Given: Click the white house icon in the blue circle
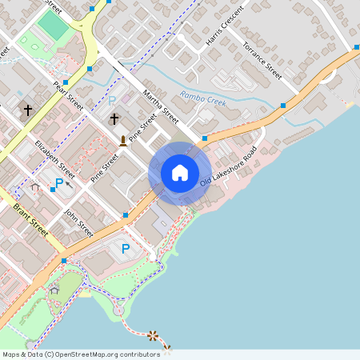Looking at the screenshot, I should pyautogui.click(x=179, y=173).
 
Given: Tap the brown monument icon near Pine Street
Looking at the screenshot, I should pyautogui.click(x=123, y=141).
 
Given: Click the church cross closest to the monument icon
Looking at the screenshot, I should pyautogui.click(x=114, y=119).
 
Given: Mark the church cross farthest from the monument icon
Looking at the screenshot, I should pyautogui.click(x=28, y=110).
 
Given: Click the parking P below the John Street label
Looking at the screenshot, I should pyautogui.click(x=125, y=249).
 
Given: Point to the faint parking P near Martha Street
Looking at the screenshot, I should pyautogui.click(x=112, y=101).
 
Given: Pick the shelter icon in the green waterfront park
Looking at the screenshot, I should pyautogui.click(x=54, y=289).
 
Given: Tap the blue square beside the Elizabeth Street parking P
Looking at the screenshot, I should pyautogui.click(x=52, y=190).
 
